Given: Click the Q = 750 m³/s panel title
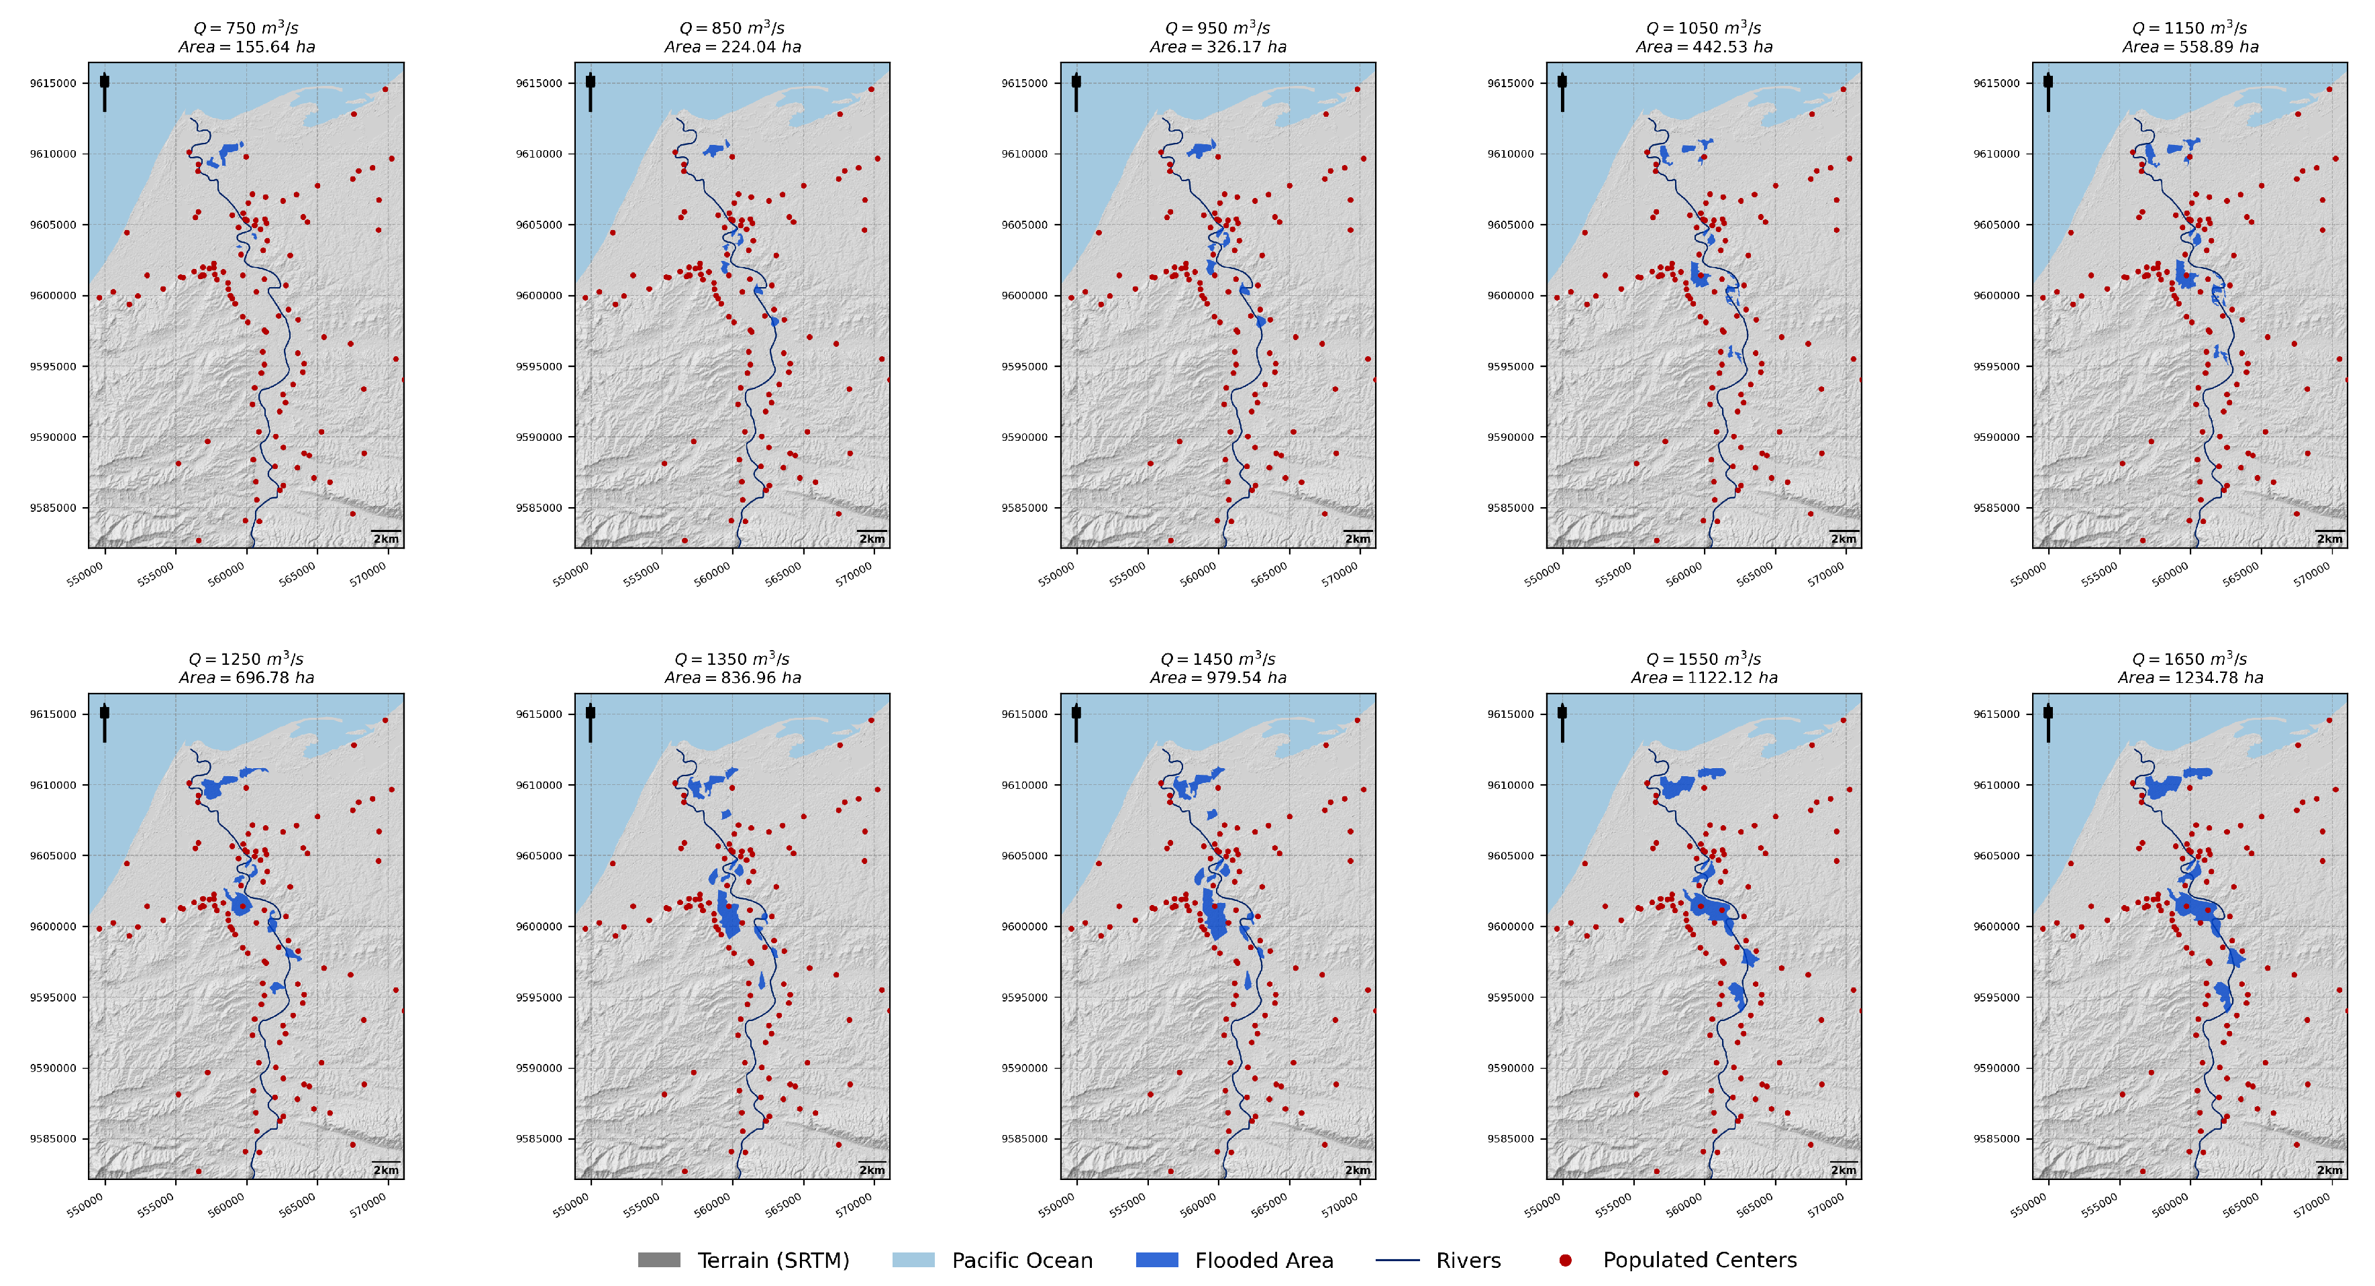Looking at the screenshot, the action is [246, 28].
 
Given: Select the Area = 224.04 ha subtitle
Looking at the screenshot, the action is [733, 47].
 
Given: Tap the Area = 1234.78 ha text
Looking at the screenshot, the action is [2190, 678].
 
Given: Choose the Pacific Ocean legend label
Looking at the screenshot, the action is [1023, 1261].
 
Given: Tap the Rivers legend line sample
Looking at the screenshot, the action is [1398, 1261].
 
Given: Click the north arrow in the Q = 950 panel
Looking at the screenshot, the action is [1076, 92].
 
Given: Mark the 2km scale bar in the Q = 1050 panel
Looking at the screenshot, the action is [1844, 532].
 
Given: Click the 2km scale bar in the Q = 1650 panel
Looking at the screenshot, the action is [2330, 1163].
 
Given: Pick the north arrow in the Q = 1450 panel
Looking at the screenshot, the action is [1076, 722].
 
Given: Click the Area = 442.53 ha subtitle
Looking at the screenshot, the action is [1704, 47].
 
